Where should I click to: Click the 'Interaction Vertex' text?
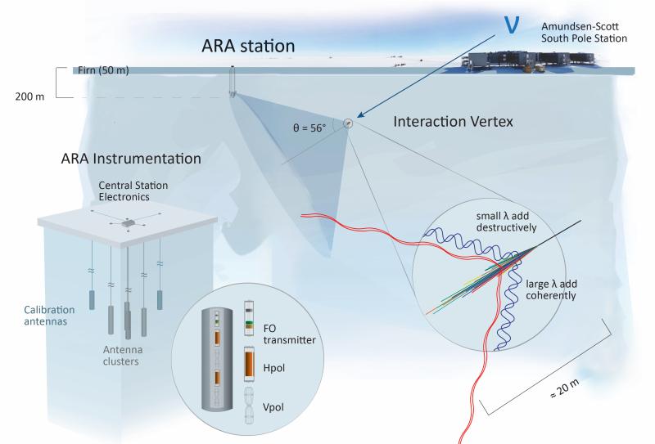[452, 120]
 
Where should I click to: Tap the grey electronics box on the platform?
[128, 222]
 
